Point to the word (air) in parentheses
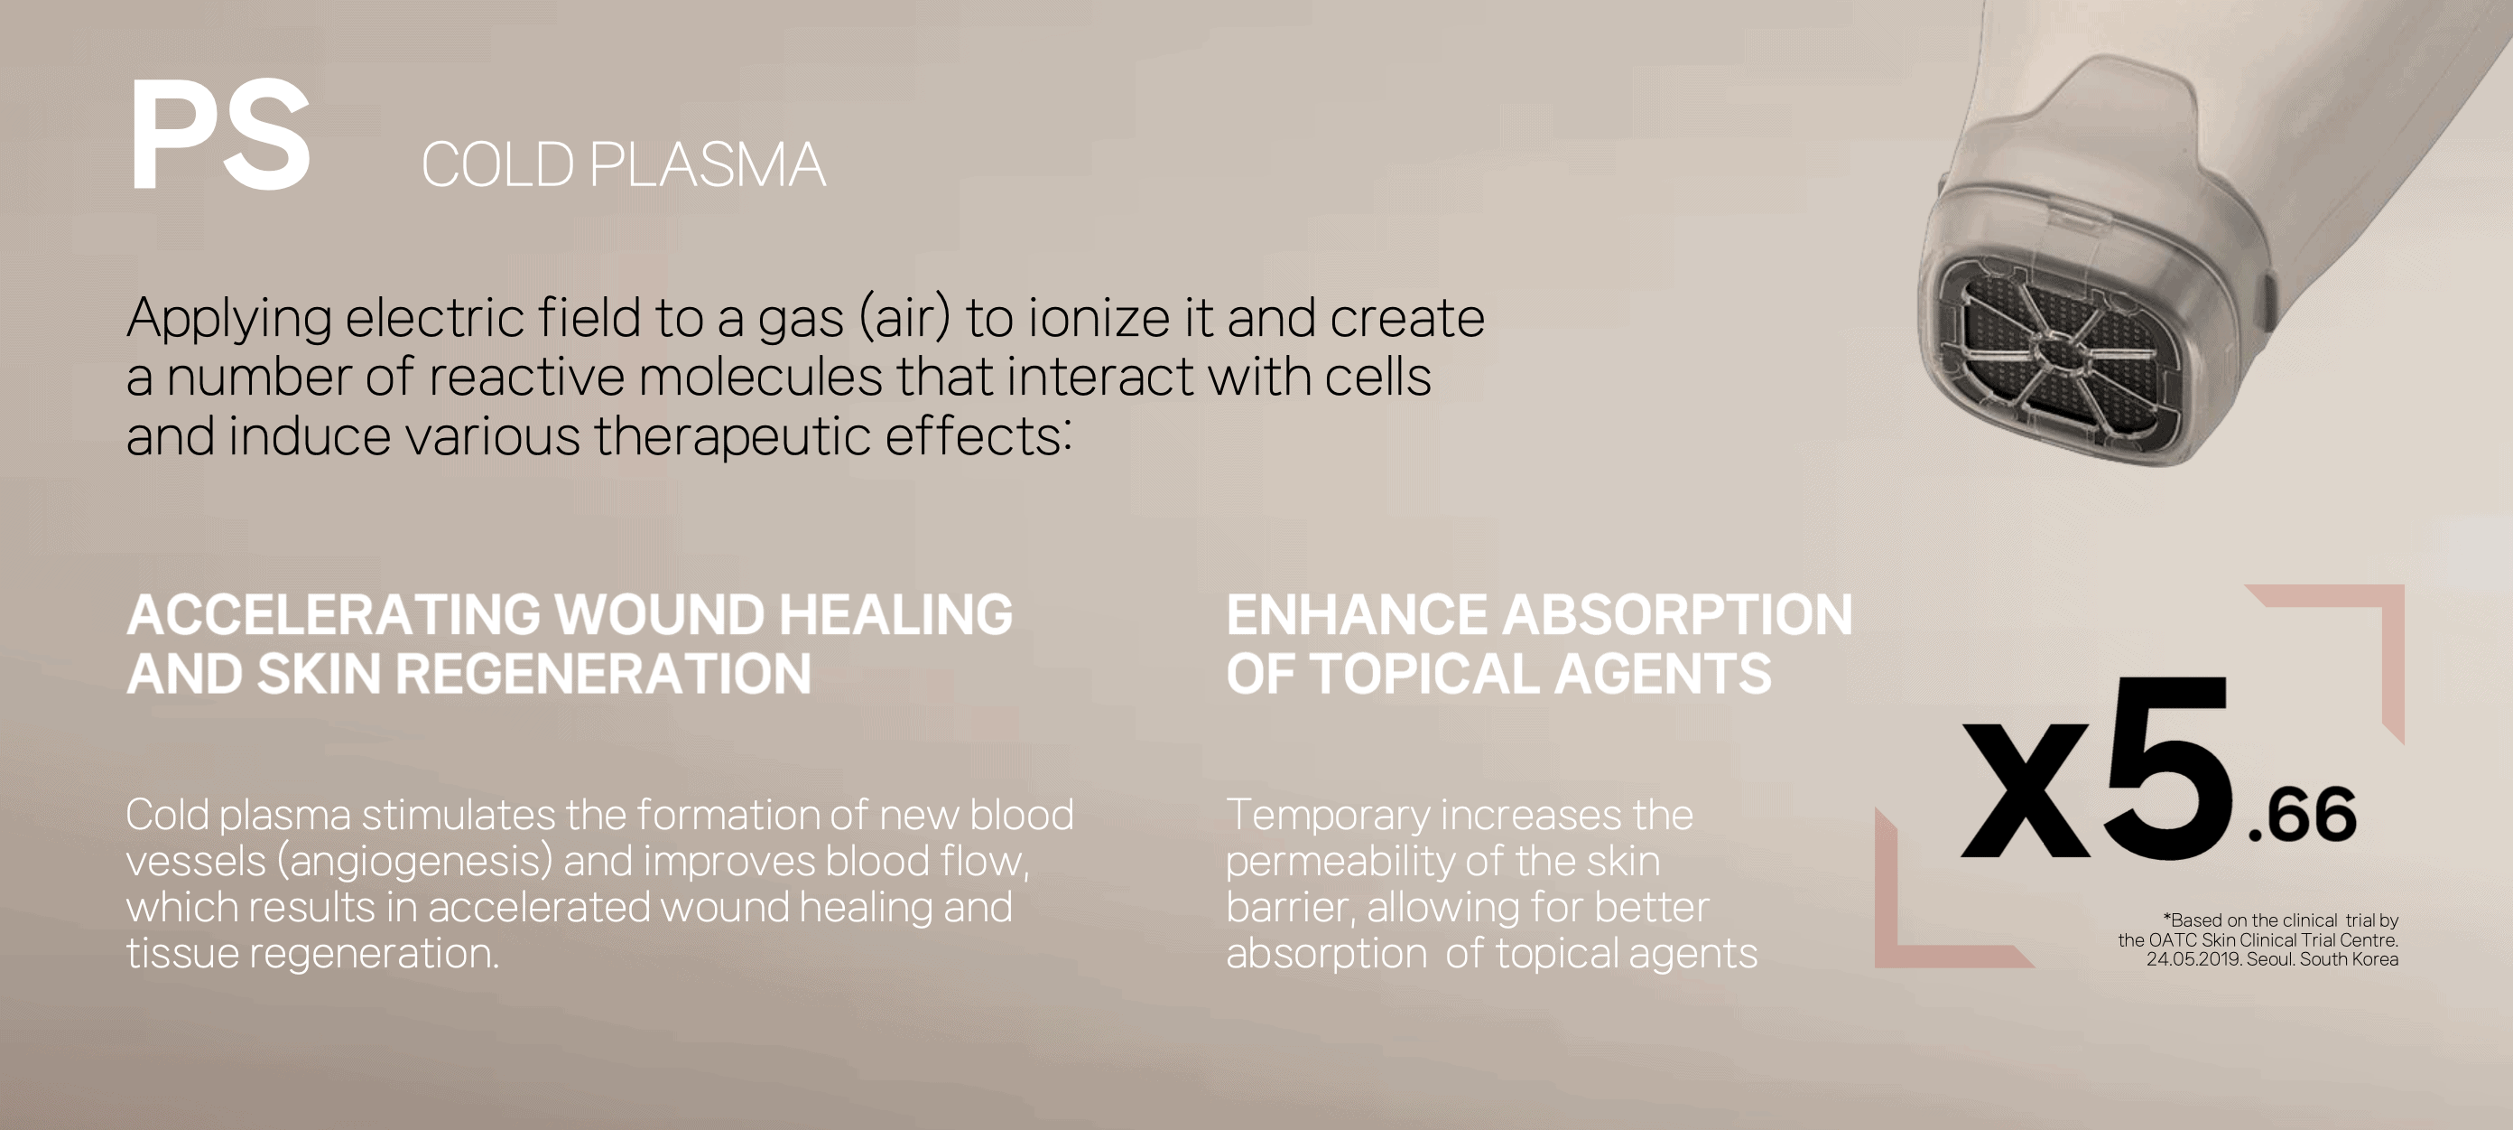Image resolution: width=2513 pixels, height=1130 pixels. tap(904, 319)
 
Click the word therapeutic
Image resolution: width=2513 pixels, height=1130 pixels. tap(732, 436)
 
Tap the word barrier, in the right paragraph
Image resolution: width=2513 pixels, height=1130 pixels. tap(1291, 907)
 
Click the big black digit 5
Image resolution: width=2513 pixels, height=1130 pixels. tap(2167, 766)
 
